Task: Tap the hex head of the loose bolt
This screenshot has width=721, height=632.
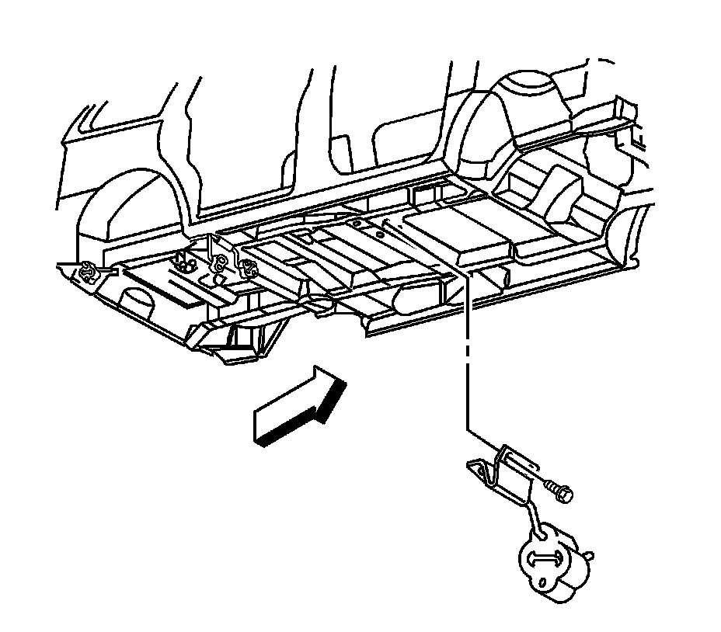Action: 565,492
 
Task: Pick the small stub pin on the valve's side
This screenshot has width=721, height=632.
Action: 591,554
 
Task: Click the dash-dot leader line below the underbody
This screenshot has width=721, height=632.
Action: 468,349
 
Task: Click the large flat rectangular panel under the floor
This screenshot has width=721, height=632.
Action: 458,233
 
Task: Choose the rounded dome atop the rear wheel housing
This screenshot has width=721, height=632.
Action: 528,85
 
